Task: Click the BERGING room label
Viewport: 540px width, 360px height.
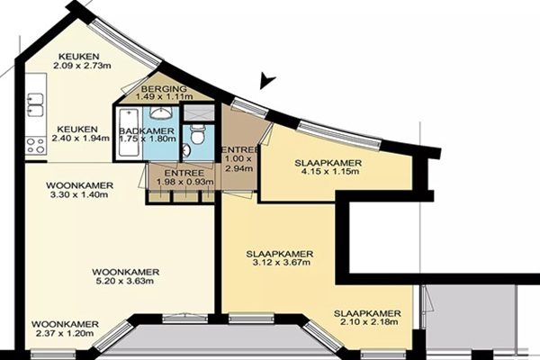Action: coord(164,89)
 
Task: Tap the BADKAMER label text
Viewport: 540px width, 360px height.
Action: coord(147,130)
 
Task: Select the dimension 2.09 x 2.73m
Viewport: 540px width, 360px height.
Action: coord(82,65)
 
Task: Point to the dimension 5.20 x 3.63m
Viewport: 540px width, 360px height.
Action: coord(125,281)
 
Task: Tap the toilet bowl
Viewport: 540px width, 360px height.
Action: coord(198,135)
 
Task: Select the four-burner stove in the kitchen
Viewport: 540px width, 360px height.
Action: coord(36,146)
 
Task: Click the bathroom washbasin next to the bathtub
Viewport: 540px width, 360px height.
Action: coord(160,112)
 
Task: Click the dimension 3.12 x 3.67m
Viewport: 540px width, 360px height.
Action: coord(281,263)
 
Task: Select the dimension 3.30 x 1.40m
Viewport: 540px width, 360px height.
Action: coord(79,194)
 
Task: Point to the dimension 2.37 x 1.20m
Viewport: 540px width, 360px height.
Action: coord(65,333)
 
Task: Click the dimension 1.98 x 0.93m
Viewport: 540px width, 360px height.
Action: coord(184,182)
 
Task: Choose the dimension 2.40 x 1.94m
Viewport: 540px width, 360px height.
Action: coord(81,138)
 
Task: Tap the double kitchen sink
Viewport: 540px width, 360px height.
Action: coord(35,104)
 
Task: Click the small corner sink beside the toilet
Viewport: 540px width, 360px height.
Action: coord(186,151)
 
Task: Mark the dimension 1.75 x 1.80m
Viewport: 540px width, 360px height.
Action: coord(148,139)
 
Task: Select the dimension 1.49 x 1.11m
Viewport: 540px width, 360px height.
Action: coord(165,97)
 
